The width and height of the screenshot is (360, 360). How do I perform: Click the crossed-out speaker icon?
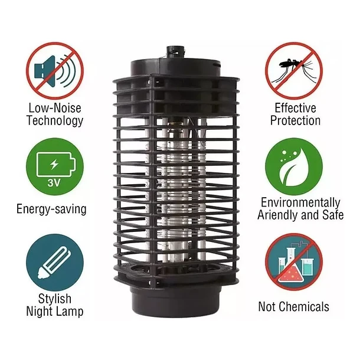tap(55, 71)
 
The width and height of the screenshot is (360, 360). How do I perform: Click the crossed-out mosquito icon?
tap(294, 71)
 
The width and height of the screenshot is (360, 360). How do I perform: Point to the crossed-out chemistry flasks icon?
tap(294, 262)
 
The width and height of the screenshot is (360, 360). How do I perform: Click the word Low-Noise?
tap(55, 108)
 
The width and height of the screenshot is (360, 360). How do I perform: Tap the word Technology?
tap(55, 121)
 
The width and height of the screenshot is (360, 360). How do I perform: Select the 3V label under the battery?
tap(54, 182)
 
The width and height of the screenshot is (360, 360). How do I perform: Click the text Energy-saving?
tap(51, 210)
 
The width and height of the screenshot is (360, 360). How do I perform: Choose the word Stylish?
tap(55, 299)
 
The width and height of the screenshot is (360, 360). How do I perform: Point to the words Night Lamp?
tap(55, 312)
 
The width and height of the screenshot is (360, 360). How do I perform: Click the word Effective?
tap(295, 108)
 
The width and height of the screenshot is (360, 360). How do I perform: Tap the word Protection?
tap(295, 120)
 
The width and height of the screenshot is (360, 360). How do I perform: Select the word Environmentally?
tap(300, 203)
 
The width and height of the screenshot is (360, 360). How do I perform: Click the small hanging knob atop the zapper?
tap(176, 53)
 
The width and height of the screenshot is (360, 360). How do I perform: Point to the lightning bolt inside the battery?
tap(54, 165)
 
